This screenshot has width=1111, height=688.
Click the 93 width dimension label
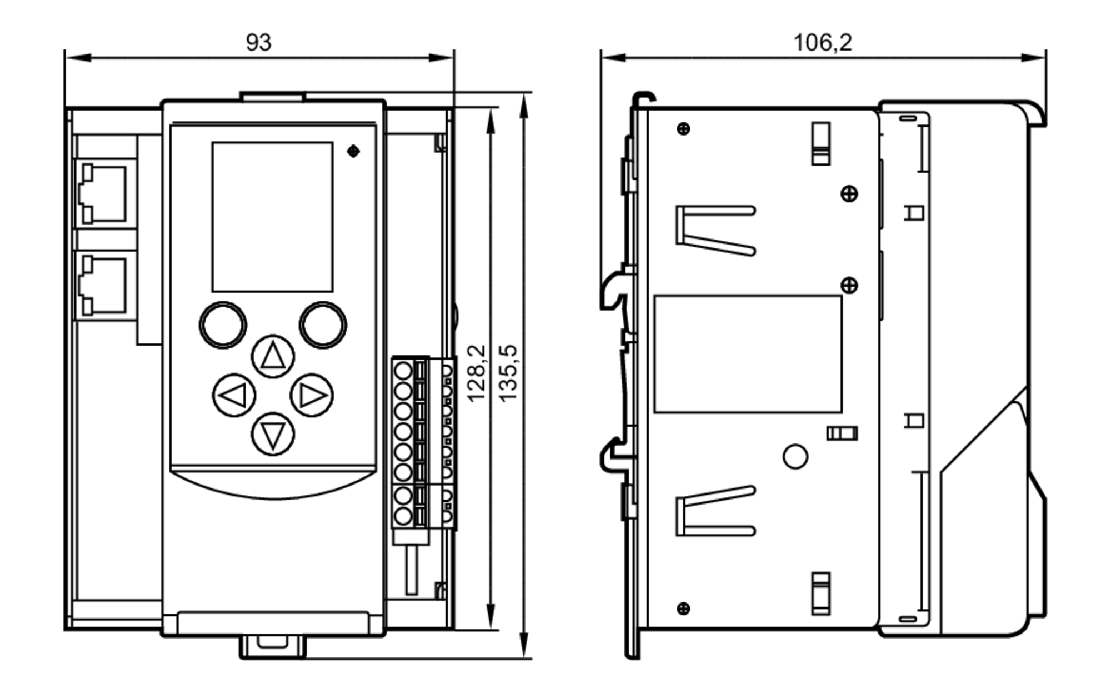259,43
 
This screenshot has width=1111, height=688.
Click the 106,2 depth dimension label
822,43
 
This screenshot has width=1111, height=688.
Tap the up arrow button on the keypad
273,356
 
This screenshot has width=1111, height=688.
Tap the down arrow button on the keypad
273,434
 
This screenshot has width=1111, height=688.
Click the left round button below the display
223,325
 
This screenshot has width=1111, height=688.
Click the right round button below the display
323,325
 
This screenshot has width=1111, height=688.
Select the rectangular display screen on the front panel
272,217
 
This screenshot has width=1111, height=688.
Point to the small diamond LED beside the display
353,151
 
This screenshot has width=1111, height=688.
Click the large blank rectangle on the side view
748,354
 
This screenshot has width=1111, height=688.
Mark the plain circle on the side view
795,456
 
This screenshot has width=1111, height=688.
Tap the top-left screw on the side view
684,129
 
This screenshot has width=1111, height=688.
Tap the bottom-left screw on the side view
684,609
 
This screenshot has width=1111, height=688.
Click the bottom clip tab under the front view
272,647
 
